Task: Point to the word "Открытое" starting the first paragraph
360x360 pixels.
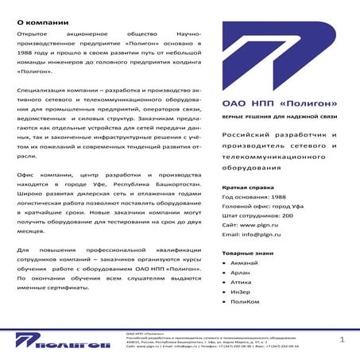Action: tap(33, 37)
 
